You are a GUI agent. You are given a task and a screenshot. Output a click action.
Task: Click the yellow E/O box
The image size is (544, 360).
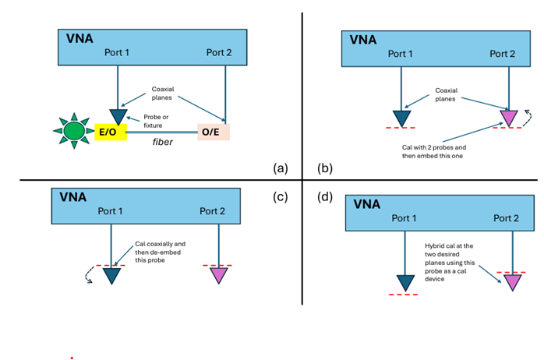[107, 132]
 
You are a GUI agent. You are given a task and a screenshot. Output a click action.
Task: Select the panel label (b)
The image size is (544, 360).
[326, 168]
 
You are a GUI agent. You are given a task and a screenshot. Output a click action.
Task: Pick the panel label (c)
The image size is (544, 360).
[281, 196]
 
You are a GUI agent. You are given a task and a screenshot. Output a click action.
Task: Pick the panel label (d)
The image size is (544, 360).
[326, 196]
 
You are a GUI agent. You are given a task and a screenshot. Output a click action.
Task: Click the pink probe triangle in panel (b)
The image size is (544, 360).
[509, 117]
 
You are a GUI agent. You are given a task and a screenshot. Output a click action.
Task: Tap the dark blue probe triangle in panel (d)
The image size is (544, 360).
[404, 282]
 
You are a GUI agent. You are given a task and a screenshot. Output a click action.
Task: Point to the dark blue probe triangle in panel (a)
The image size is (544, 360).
[118, 116]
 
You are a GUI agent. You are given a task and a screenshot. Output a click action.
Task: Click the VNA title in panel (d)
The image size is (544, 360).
[366, 203]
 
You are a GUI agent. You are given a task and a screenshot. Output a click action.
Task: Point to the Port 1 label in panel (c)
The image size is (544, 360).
[110, 211]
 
